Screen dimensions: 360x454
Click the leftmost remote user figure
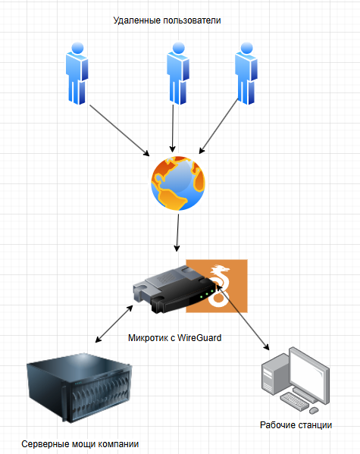[77, 74]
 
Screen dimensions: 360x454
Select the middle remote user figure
[178, 74]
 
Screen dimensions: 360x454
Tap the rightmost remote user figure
[246, 74]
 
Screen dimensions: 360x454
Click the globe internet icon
[178, 183]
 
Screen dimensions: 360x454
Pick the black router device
[174, 290]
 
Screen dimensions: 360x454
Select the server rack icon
[79, 388]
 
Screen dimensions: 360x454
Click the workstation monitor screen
[309, 374]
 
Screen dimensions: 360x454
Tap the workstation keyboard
[293, 401]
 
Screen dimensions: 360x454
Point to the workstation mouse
[314, 410]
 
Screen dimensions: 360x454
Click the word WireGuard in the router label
[199, 337]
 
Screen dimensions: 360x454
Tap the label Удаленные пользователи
[167, 20]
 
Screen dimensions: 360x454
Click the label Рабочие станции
[296, 425]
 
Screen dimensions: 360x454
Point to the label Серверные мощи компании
[80, 444]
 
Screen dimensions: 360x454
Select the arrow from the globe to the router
[177, 233]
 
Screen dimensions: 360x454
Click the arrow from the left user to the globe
[120, 130]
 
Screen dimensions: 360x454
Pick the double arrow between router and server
[114, 324]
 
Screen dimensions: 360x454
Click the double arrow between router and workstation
[243, 318]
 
